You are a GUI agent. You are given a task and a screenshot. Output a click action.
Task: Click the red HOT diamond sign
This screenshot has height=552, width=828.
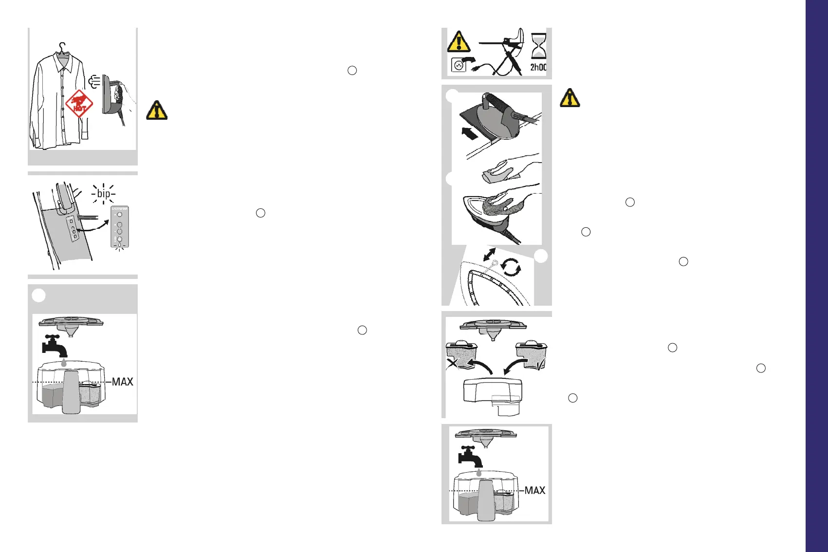click(79, 103)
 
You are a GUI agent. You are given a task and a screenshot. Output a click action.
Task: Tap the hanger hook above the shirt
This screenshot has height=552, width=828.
click(61, 47)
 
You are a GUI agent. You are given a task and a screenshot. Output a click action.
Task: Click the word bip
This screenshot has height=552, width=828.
click(104, 193)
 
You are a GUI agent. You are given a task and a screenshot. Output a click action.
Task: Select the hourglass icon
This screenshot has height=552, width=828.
click(538, 46)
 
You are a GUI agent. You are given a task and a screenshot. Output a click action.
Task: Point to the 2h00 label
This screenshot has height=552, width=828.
click(538, 67)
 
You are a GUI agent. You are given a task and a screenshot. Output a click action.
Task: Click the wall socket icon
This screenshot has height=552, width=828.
click(458, 65)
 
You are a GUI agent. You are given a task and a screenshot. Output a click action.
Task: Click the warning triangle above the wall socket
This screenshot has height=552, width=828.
click(459, 42)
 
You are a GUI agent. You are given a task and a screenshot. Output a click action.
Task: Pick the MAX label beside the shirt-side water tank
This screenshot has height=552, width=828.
click(122, 382)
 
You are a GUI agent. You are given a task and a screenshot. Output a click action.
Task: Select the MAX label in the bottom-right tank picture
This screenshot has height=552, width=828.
click(534, 490)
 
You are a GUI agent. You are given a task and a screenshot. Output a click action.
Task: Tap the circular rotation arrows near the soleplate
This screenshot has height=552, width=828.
click(511, 267)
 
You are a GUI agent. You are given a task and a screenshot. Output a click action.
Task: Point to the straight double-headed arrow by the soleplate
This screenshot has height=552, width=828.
click(489, 255)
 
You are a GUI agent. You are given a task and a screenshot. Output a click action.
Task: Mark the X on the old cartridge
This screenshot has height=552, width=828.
click(453, 363)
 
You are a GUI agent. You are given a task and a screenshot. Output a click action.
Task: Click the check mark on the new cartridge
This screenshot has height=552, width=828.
click(541, 363)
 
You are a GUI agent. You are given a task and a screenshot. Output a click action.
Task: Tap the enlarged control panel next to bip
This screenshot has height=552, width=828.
click(119, 227)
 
